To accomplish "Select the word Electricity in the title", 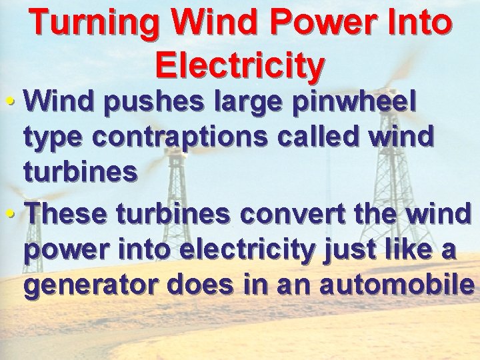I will pyautogui.click(x=240, y=65).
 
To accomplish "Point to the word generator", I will pyautogui.click(x=89, y=285).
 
